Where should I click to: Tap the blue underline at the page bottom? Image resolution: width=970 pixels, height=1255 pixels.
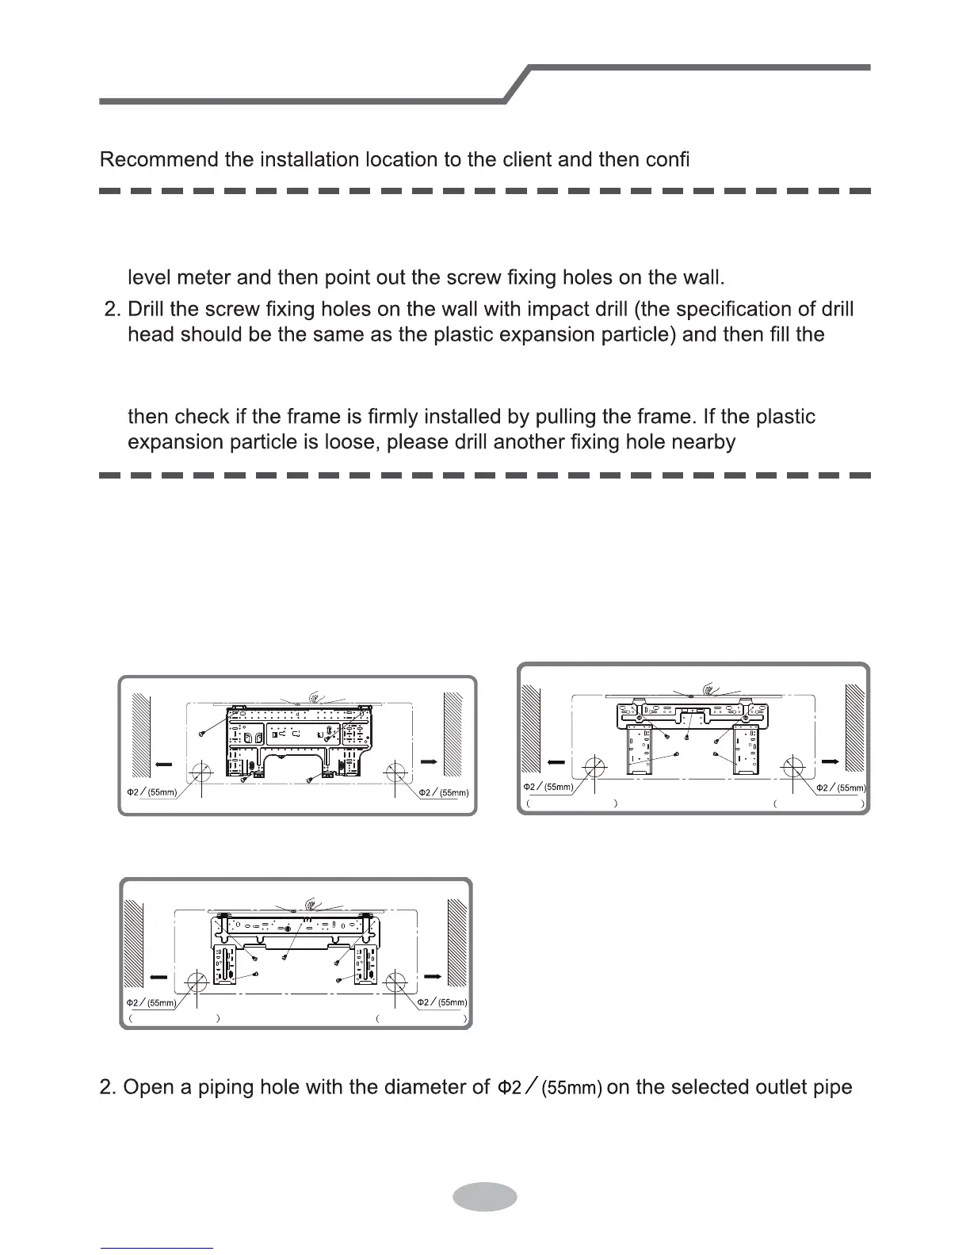coord(157,1248)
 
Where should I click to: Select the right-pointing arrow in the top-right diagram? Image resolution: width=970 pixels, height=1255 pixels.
coord(831,761)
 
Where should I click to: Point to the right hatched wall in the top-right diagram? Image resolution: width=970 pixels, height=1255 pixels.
coord(854,729)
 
